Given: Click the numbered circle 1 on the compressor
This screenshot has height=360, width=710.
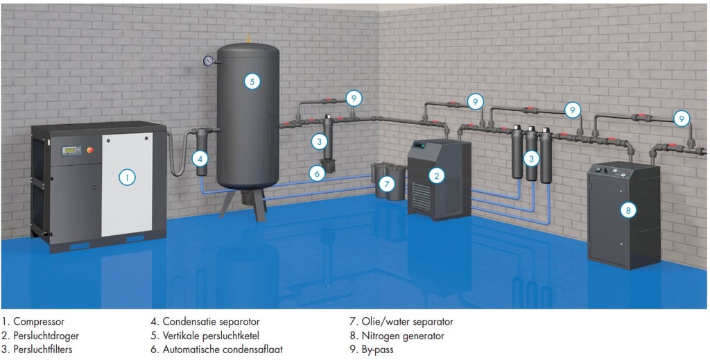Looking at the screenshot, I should (126, 177).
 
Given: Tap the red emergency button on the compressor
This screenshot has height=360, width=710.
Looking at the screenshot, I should (87, 151).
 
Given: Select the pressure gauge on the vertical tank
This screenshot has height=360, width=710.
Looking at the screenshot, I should (207, 61).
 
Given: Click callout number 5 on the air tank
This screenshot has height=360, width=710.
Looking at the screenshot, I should (252, 81).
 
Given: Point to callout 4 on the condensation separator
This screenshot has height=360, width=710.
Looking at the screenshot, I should (200, 159).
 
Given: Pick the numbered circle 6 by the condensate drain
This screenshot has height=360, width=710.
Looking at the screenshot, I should (316, 173).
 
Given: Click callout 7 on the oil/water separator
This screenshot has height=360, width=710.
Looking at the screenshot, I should (387, 184).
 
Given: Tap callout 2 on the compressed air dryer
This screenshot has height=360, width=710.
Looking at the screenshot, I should (436, 176).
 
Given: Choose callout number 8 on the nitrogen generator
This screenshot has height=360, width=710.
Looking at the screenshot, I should (628, 209).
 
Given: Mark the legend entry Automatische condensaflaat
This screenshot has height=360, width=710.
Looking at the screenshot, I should (222, 350).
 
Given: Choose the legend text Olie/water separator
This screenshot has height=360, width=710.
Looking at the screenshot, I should (407, 322).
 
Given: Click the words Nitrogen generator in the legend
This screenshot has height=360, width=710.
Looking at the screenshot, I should (403, 336).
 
